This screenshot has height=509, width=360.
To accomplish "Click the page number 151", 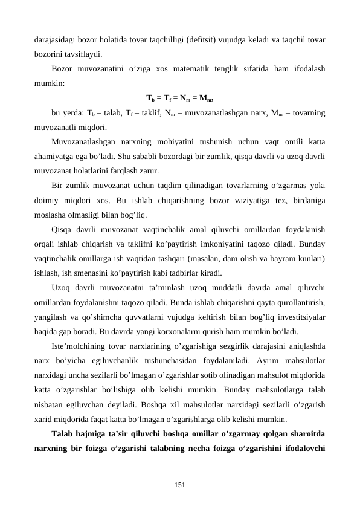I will (x=179, y=484).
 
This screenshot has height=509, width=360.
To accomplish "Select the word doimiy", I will (x=47, y=199).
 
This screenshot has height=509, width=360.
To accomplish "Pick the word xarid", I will (x=43, y=418).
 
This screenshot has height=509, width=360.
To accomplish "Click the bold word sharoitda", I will (x=308, y=432).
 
